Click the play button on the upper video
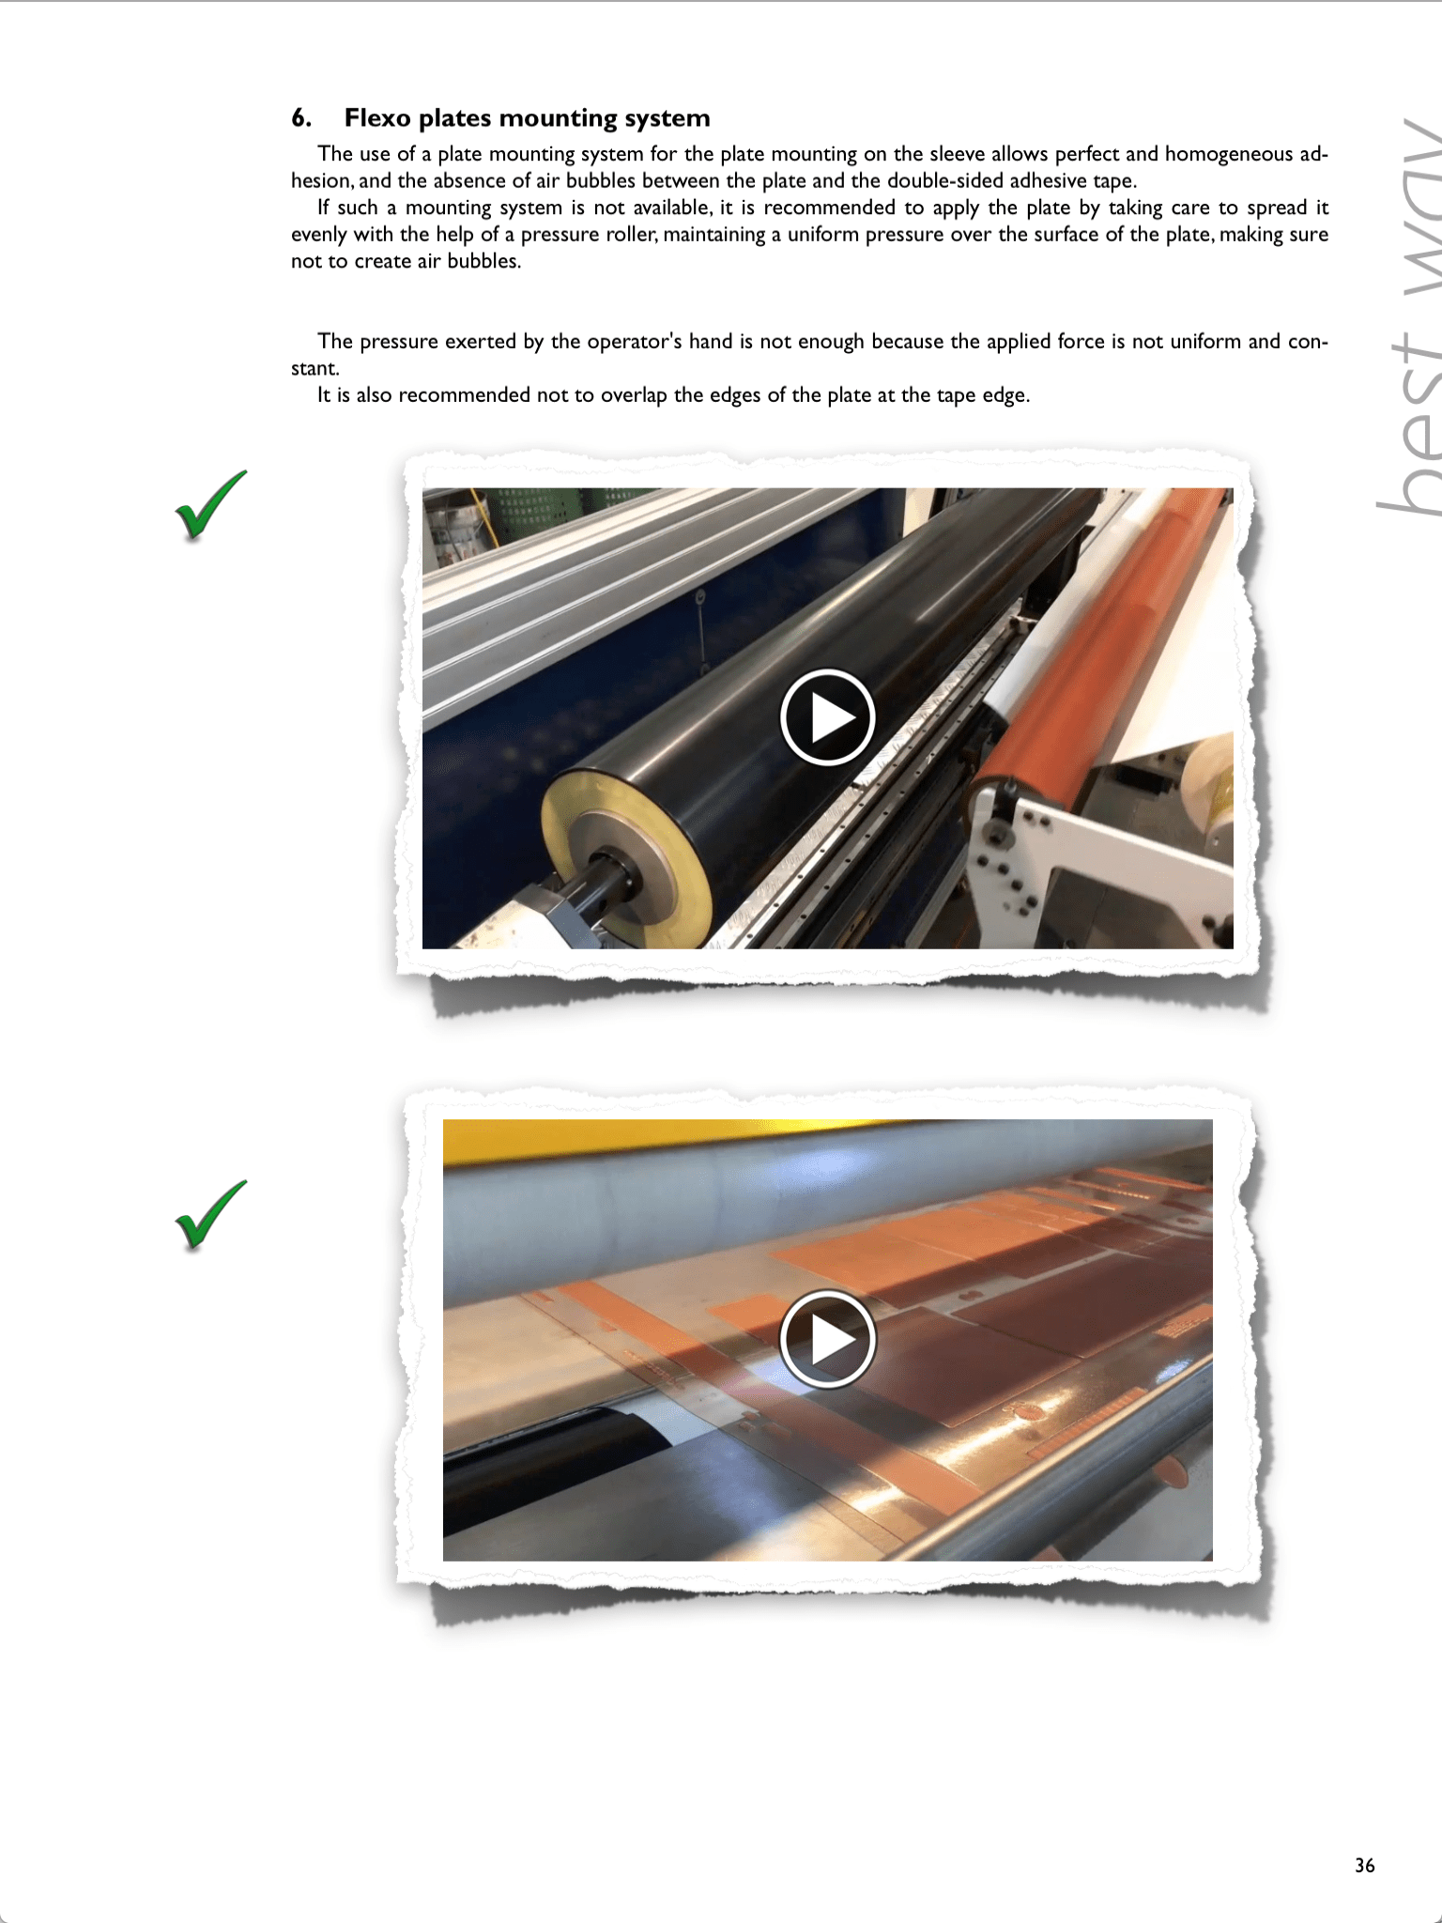click(x=827, y=717)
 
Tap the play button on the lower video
click(x=827, y=1339)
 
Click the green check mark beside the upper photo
click(x=211, y=506)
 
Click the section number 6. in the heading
click(x=301, y=118)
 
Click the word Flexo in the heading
click(x=377, y=118)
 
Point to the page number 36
click(x=1364, y=1865)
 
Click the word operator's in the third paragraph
click(x=634, y=342)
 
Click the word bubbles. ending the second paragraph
click(x=483, y=262)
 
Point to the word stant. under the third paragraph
click(x=315, y=369)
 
